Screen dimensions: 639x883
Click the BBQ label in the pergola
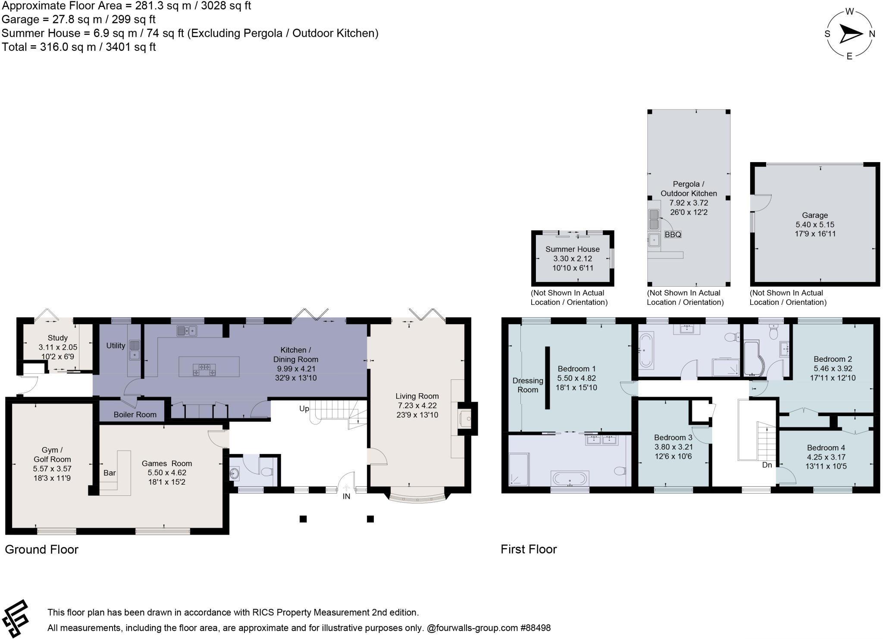click(x=673, y=235)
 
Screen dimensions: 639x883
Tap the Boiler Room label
click(x=135, y=414)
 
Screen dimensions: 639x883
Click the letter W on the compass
click(x=849, y=12)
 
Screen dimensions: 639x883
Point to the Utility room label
click(x=116, y=345)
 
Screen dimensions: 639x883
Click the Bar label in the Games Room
click(x=110, y=473)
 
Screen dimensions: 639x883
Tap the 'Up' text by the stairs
click(x=304, y=408)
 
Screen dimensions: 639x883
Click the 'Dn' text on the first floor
click(x=767, y=465)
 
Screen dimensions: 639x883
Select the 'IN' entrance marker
click(x=346, y=496)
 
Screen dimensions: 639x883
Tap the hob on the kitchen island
click(x=204, y=370)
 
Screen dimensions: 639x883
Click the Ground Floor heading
click(x=41, y=549)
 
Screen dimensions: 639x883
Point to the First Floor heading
click(x=529, y=549)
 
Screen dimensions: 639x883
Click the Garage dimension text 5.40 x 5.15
click(x=815, y=225)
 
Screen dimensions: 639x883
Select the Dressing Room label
click(x=528, y=385)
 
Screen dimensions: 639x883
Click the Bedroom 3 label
click(x=673, y=437)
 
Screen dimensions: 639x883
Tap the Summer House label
click(x=572, y=249)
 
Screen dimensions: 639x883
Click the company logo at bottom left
click(x=16, y=619)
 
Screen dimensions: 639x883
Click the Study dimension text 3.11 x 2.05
click(x=57, y=347)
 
